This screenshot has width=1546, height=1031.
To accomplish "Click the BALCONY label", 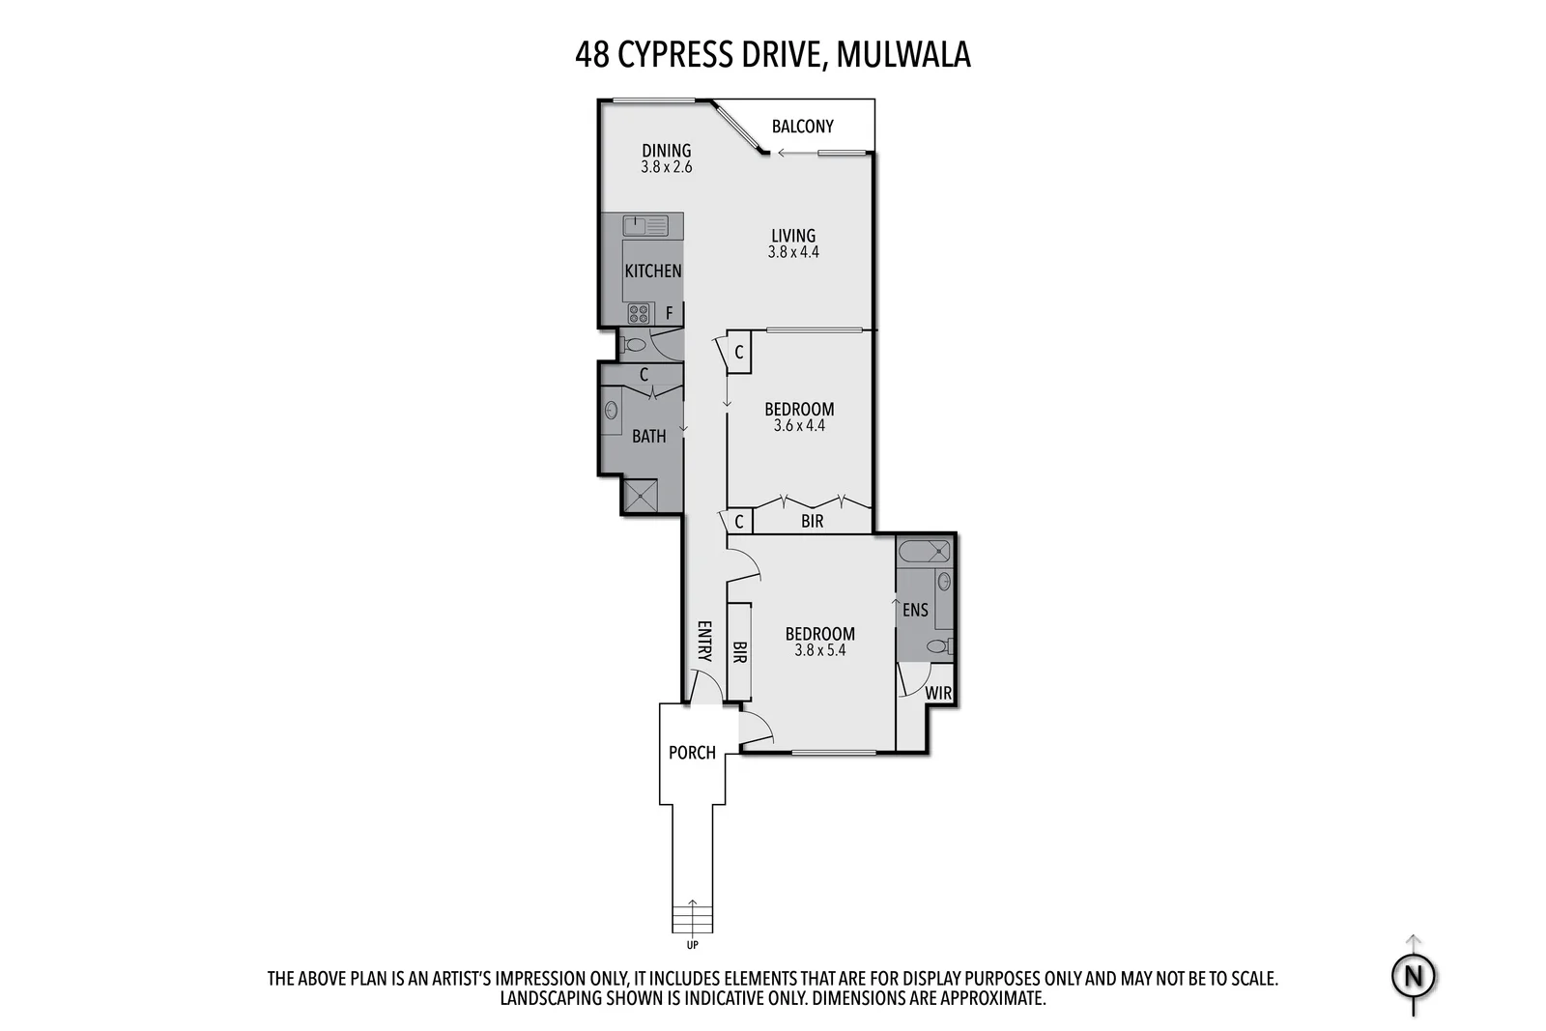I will click(x=802, y=127).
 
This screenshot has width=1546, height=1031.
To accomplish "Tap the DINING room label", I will click(x=667, y=151).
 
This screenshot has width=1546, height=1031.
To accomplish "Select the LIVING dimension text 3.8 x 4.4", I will click(x=793, y=252).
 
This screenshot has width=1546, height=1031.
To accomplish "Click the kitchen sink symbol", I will click(x=644, y=226).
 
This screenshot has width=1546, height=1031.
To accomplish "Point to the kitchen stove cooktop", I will click(x=639, y=313).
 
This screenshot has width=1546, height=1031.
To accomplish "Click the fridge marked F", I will click(x=669, y=314).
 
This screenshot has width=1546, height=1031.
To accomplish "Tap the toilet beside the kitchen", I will click(x=635, y=344).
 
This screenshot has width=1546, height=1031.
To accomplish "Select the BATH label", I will click(x=648, y=437).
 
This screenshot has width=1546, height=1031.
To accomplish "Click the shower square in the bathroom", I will click(x=640, y=497).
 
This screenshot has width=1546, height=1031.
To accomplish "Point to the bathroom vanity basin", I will click(x=612, y=411).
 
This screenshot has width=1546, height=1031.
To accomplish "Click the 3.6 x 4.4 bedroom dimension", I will click(x=799, y=425).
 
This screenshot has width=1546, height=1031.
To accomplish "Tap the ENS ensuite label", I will click(x=915, y=610).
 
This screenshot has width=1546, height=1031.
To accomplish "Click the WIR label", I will click(x=938, y=693).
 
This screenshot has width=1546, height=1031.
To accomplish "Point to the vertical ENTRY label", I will click(x=703, y=641).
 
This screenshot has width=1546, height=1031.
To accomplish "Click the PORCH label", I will click(x=692, y=753).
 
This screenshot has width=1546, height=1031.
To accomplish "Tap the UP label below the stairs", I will click(x=692, y=945).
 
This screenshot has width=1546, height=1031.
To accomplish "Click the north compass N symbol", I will click(x=1414, y=977).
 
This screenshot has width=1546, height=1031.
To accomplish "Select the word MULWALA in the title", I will click(x=902, y=55).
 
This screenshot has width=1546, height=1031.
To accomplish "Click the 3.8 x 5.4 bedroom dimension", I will click(x=819, y=650).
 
